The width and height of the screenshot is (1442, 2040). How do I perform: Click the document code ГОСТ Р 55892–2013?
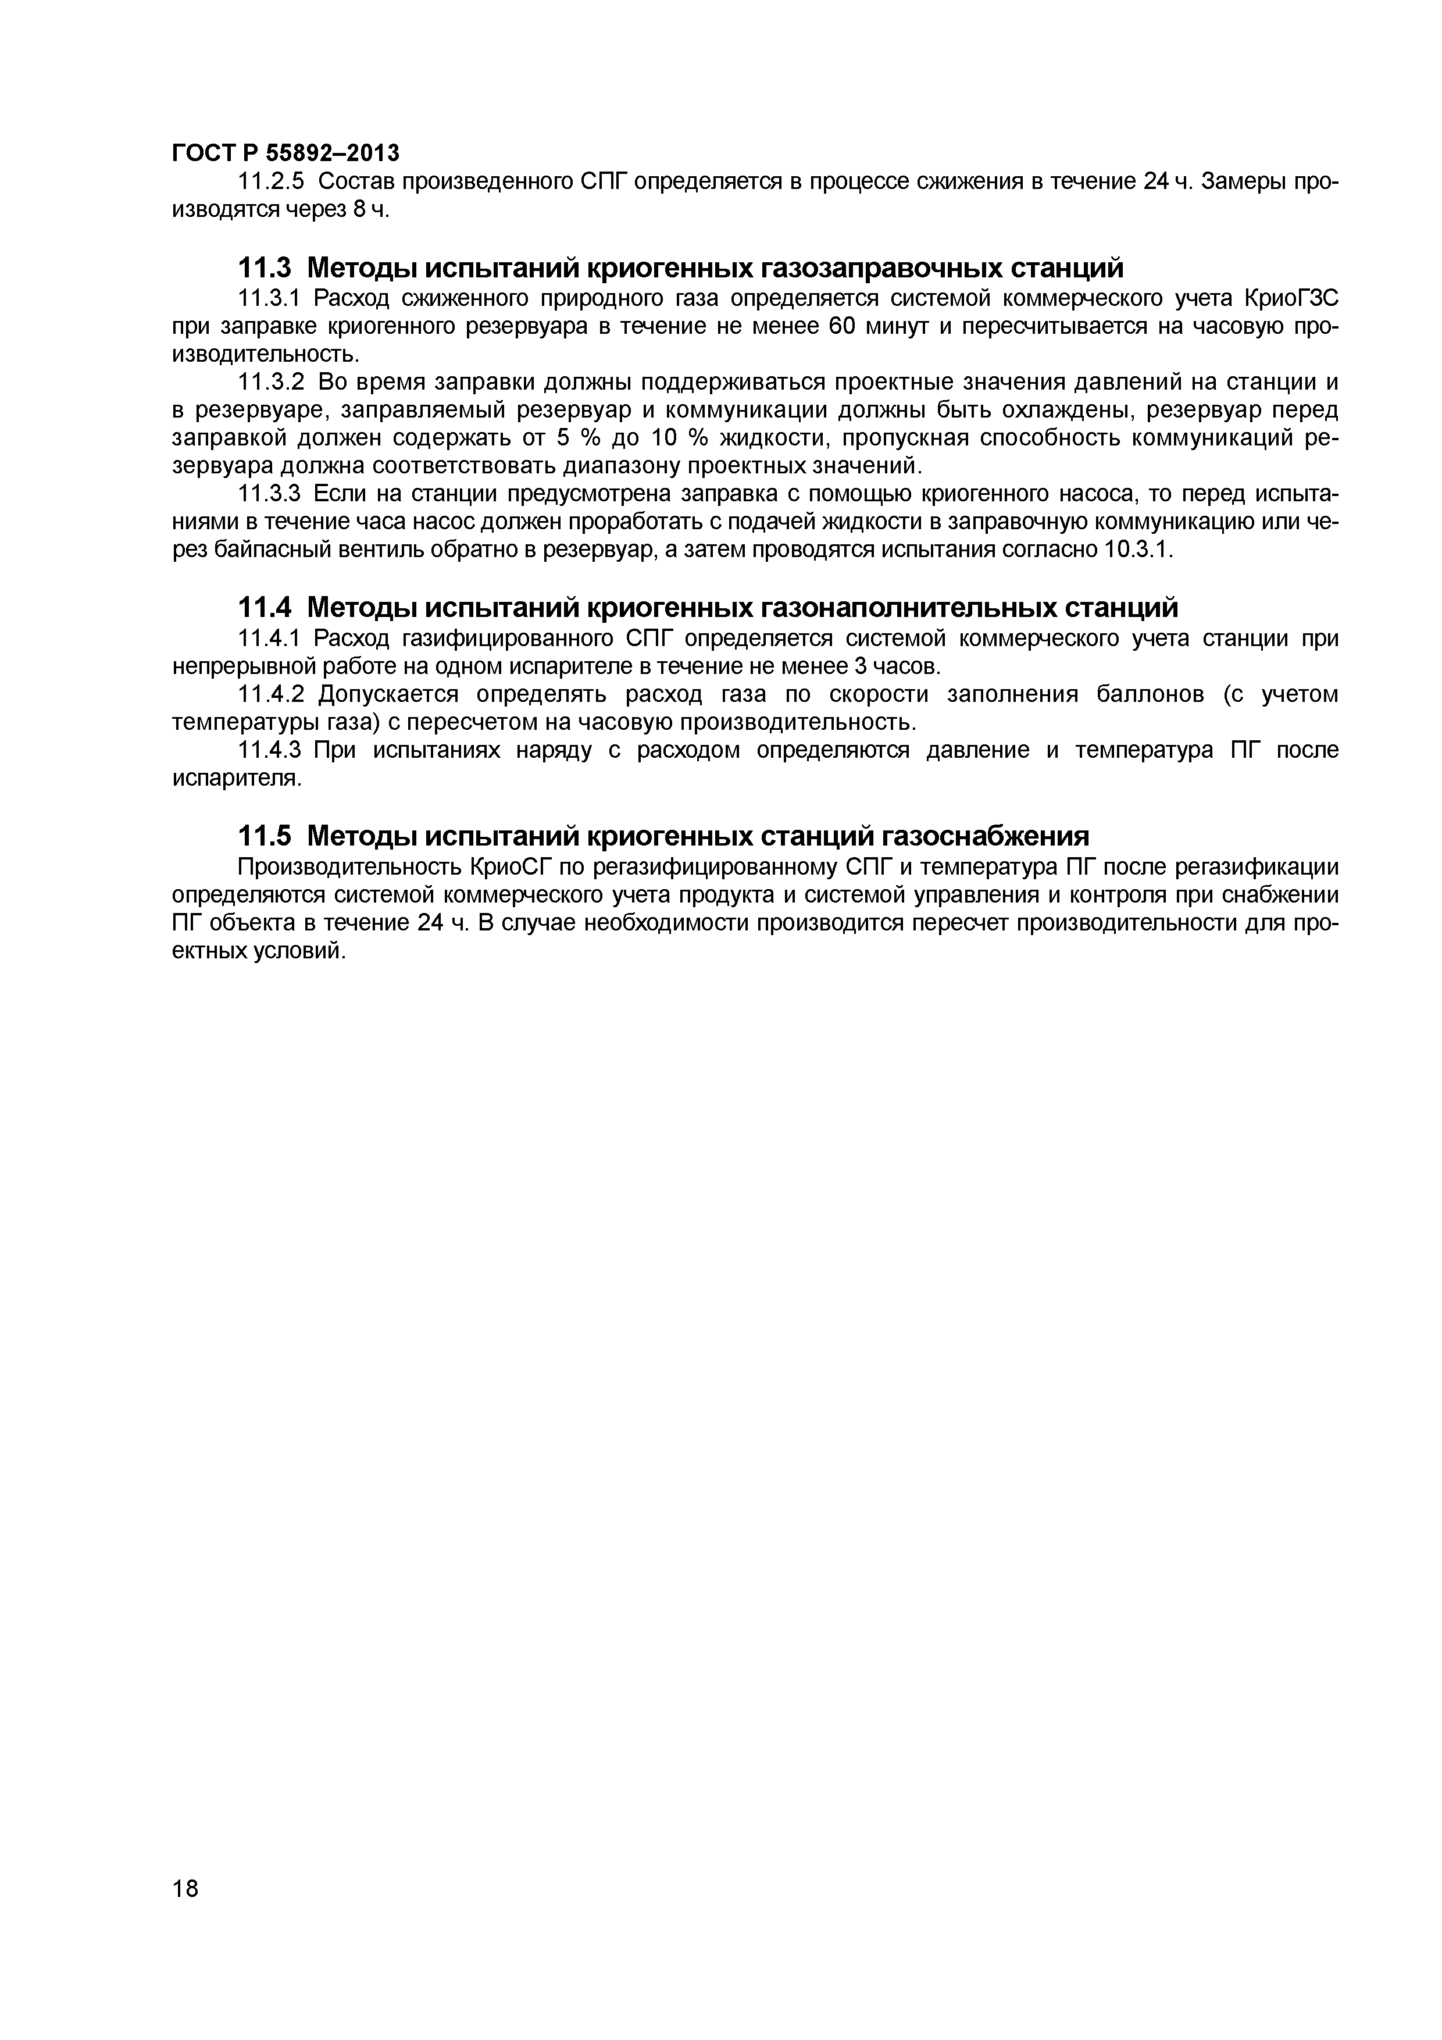(x=285, y=154)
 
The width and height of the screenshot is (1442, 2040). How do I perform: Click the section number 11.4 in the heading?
(x=266, y=608)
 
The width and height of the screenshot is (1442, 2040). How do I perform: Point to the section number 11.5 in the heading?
(x=266, y=836)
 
